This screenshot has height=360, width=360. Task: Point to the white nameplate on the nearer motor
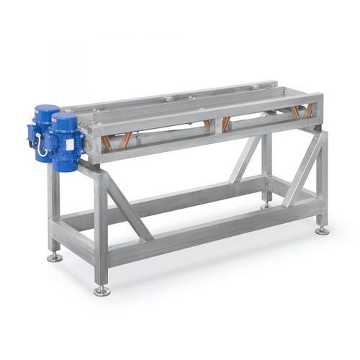(73, 145)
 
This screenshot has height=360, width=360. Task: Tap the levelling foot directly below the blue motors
(54, 256)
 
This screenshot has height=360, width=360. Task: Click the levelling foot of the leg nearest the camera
(102, 290)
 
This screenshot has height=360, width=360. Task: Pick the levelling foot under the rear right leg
(266, 204)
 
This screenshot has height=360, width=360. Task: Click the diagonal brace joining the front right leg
(302, 168)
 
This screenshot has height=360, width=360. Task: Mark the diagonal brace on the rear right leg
(246, 158)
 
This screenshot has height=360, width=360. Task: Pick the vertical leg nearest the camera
(102, 230)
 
